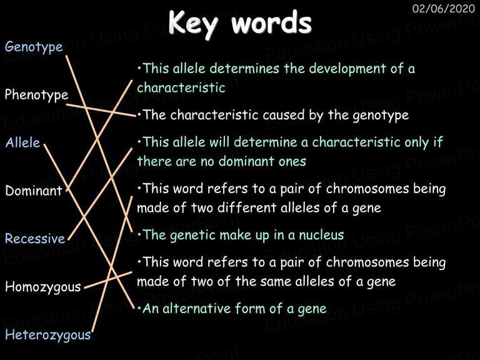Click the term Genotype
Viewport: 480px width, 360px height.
[34, 47]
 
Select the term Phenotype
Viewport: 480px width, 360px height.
[36, 95]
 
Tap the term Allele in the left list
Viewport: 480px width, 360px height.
[22, 142]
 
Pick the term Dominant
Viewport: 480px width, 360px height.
[34, 191]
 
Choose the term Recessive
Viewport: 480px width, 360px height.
[35, 239]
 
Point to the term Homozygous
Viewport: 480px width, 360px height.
[43, 287]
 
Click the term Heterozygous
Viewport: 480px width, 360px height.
[48, 335]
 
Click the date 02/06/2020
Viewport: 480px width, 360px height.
[444, 9]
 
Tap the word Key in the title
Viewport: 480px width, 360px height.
[194, 24]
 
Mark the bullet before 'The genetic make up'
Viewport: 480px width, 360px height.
[139, 234]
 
